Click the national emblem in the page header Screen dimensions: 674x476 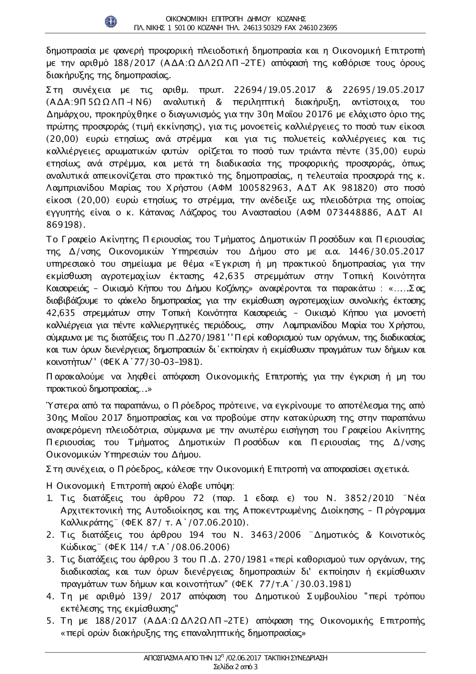point(110,22)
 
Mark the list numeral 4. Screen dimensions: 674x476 point(49,596)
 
